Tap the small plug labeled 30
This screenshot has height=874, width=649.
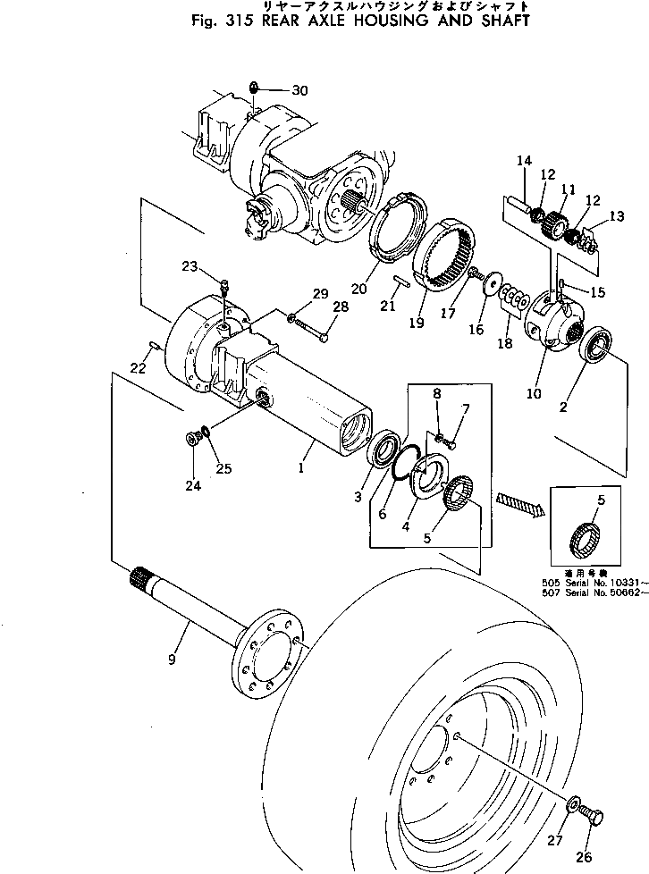pyautogui.click(x=255, y=88)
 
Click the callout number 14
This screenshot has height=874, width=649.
pyautogui.click(x=524, y=161)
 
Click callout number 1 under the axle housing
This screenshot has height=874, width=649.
pyautogui.click(x=302, y=466)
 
